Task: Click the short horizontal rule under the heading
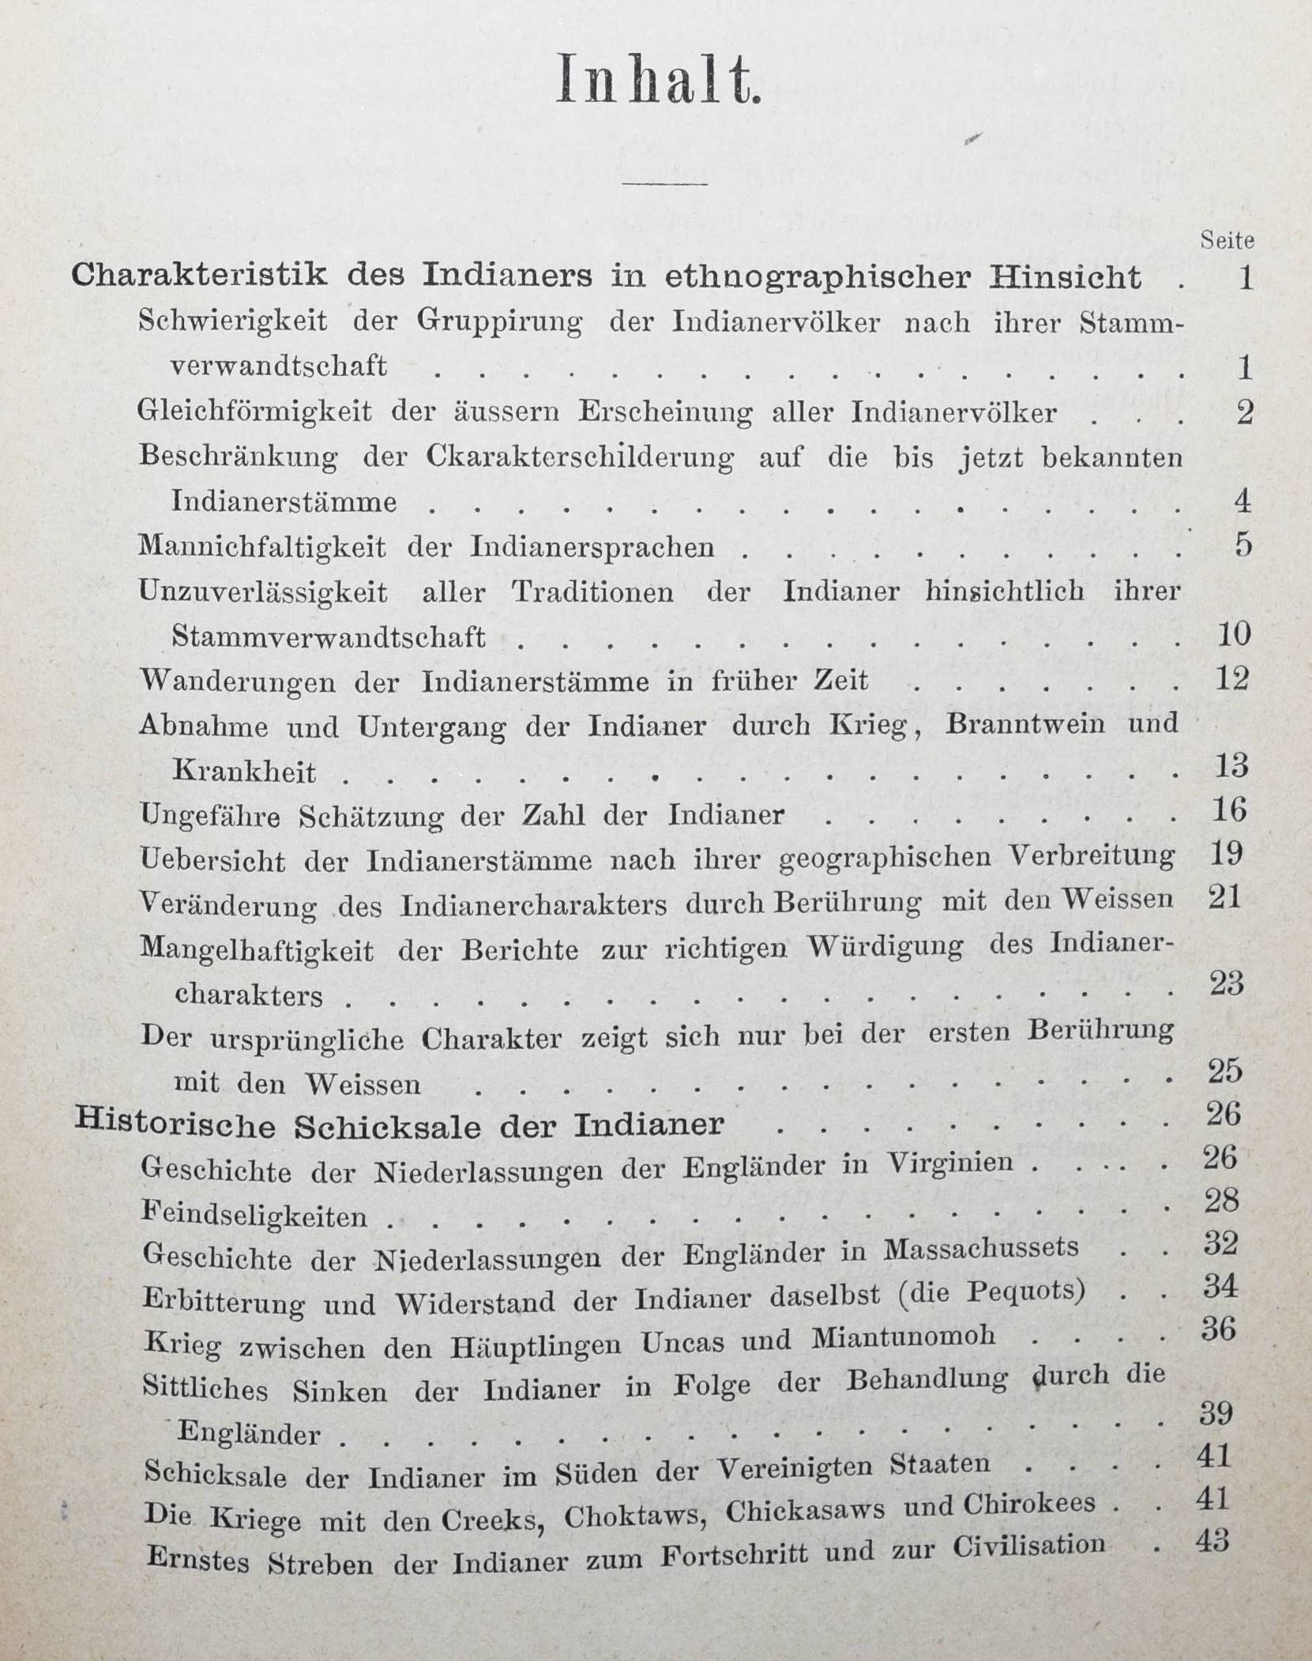point(665,185)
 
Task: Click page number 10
point(1233,634)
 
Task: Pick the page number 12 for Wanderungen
point(1232,678)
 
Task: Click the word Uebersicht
point(212,859)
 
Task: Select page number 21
point(1227,898)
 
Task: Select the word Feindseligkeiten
point(254,1214)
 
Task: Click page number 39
point(1216,1412)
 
